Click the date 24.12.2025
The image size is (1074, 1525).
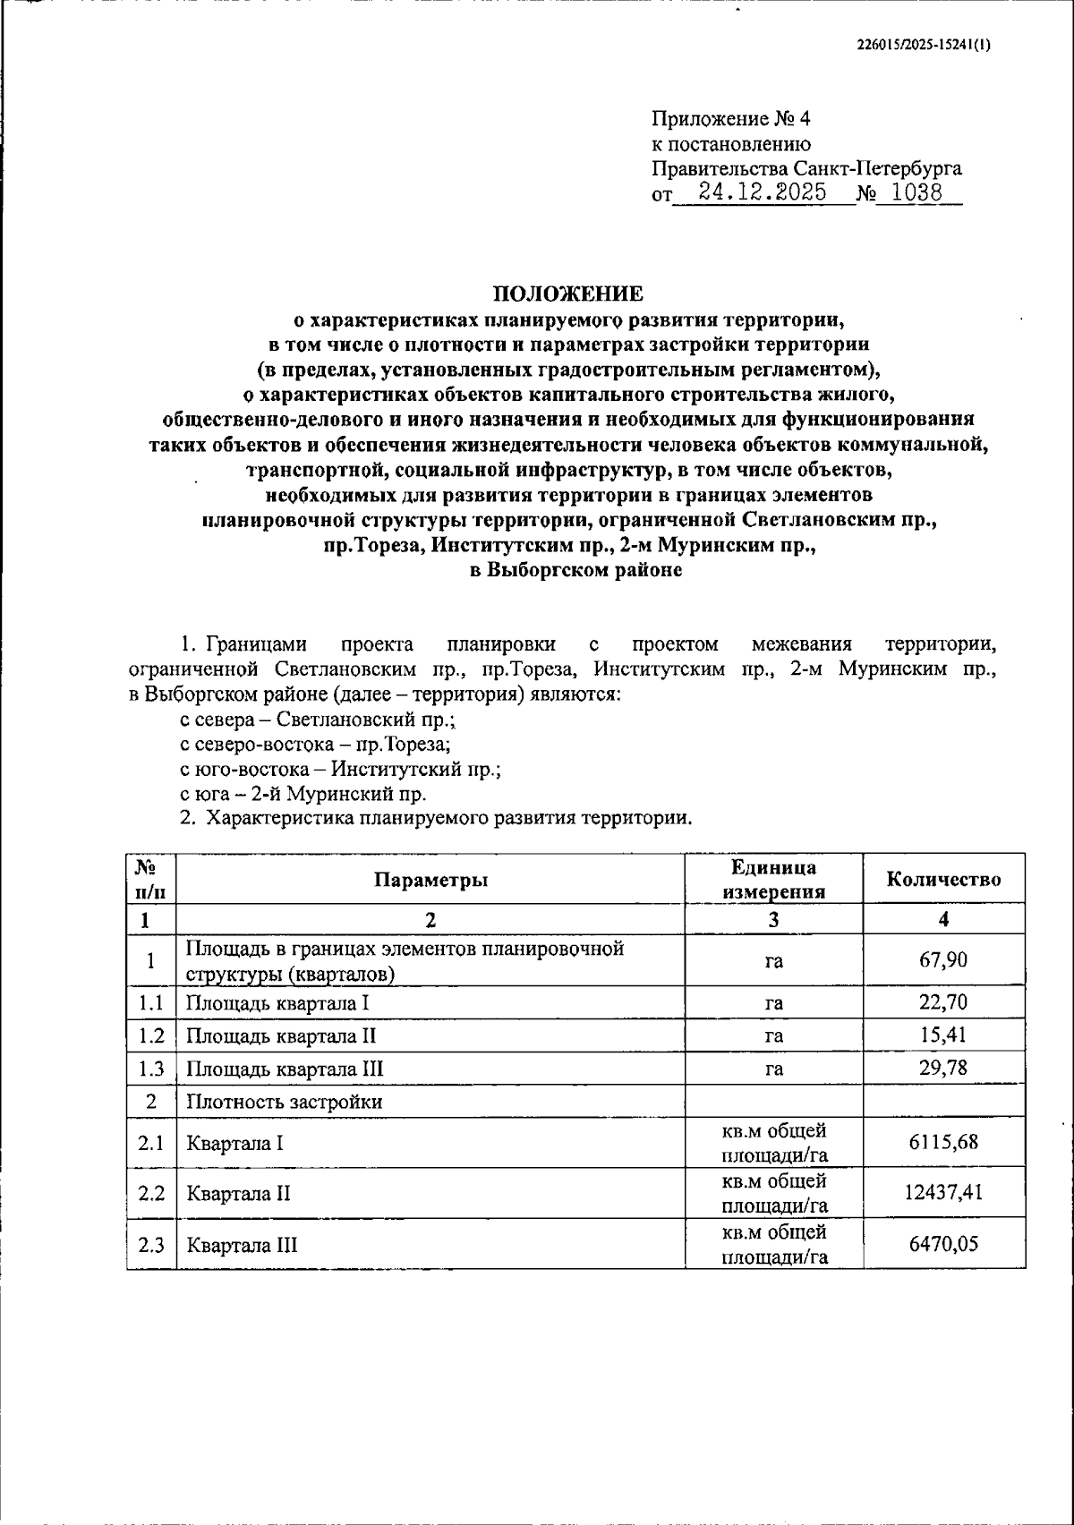[x=763, y=192]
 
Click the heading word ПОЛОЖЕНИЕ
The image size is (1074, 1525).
[x=569, y=294]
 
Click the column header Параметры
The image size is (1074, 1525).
[x=430, y=880]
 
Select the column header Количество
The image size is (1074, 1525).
[x=943, y=880]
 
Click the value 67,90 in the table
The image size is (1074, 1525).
[x=943, y=960]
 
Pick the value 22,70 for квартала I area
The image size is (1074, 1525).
[x=943, y=1002]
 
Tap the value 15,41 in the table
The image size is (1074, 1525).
[x=943, y=1035]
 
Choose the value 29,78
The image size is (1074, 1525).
[x=943, y=1068]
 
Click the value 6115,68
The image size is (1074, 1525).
[x=943, y=1143]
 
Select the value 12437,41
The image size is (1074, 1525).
[x=943, y=1193]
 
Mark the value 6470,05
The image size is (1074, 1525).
[x=943, y=1244]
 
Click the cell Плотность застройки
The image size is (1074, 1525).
[x=284, y=1102]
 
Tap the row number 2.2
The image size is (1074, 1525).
[x=151, y=1193]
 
